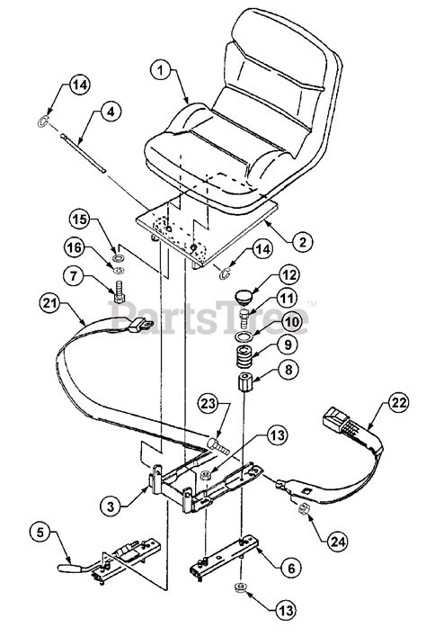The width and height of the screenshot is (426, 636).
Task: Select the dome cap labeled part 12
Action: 244,296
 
